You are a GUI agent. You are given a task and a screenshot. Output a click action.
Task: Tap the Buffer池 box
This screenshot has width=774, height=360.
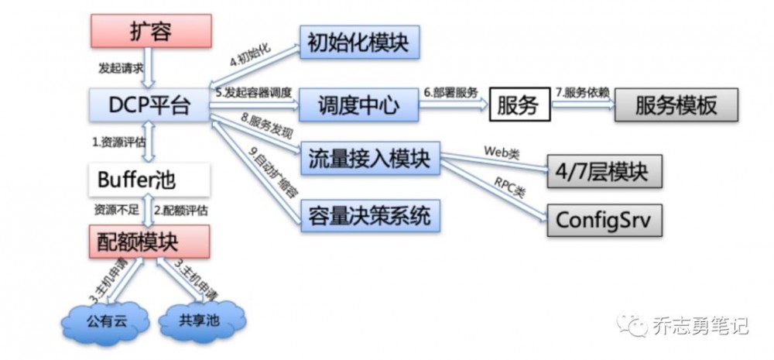148,180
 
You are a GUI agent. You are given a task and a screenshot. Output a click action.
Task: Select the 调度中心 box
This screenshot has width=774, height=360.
358,105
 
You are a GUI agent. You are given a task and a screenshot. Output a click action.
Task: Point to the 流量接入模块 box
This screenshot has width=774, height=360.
369,160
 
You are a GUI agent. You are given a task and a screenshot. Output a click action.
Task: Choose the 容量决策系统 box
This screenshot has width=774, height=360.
369,214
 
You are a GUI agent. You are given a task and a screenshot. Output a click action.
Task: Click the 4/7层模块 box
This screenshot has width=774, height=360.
604,169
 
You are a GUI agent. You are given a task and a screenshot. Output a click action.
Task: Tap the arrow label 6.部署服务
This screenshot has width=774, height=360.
454,91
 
